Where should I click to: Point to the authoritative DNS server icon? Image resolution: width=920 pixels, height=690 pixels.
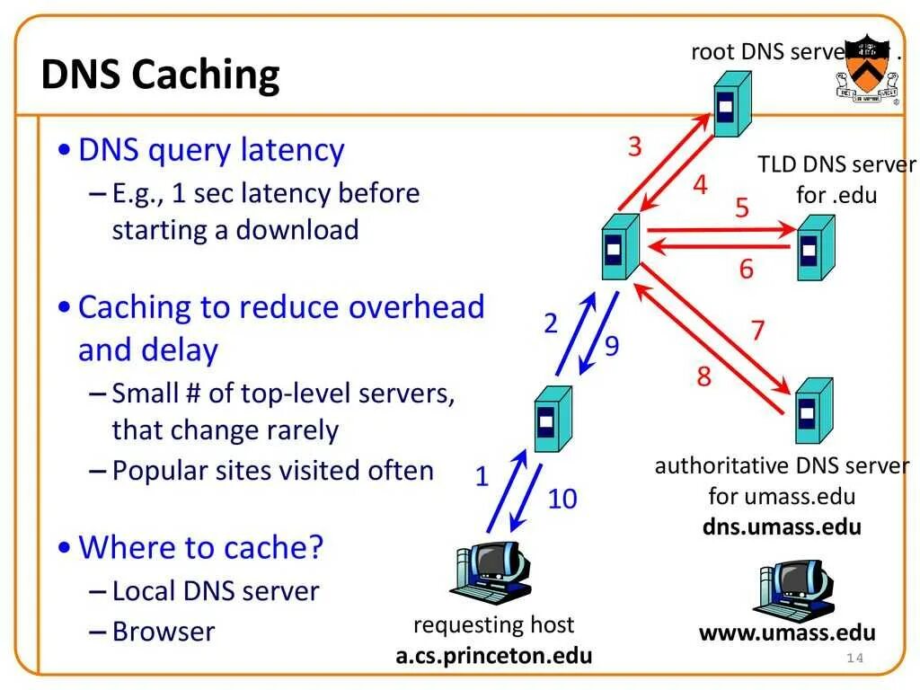click(x=811, y=411)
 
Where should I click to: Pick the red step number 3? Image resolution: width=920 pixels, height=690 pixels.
click(x=635, y=146)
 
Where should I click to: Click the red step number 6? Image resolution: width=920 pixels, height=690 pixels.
click(x=747, y=269)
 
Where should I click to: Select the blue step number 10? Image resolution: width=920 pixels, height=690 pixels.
click(x=562, y=499)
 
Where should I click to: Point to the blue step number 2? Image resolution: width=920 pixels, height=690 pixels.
click(x=551, y=323)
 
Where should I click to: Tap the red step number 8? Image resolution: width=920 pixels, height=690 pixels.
click(x=703, y=376)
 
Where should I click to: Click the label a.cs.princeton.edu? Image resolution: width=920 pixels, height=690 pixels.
click(x=493, y=655)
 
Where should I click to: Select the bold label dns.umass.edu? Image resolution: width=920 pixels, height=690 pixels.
click(x=782, y=526)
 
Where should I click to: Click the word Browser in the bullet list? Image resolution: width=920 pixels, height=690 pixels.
click(x=164, y=632)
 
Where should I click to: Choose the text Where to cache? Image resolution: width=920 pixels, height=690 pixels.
click(x=201, y=547)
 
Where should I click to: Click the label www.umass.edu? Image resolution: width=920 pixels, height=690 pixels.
click(x=787, y=632)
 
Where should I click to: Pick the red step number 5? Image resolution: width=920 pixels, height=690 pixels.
click(x=742, y=208)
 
